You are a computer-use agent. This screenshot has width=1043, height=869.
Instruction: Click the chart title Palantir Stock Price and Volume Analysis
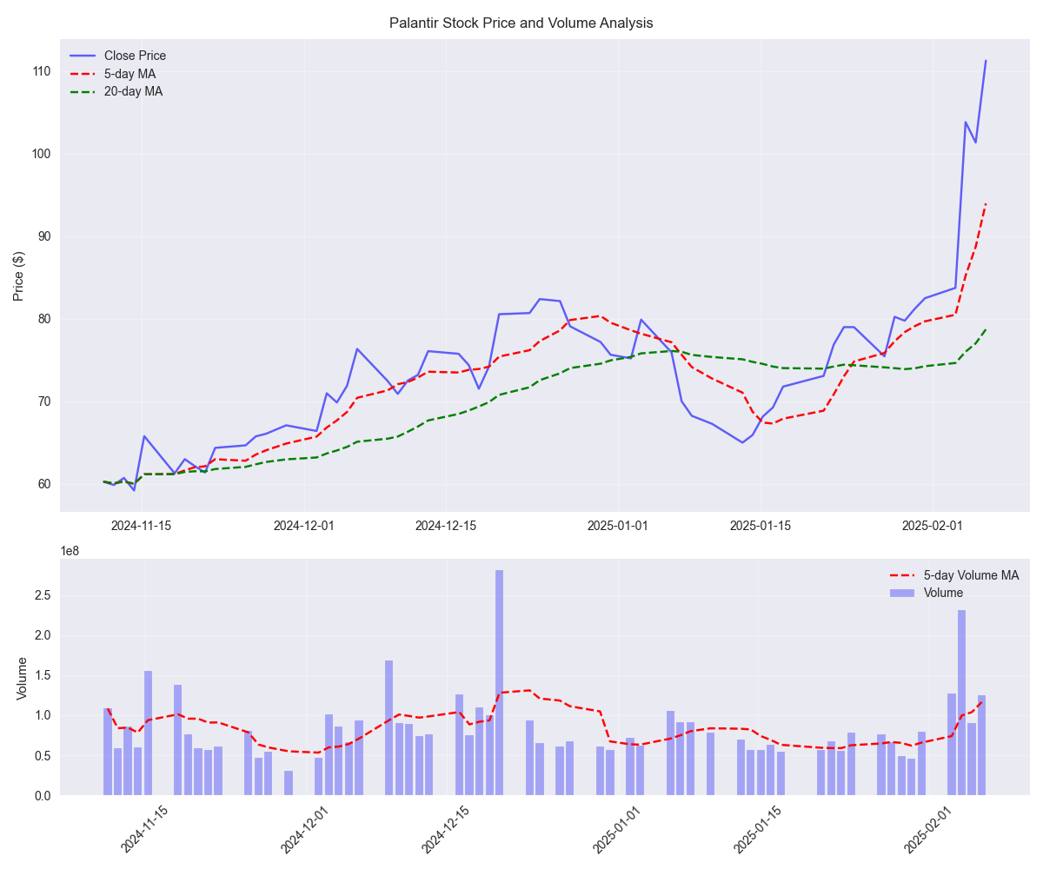521,23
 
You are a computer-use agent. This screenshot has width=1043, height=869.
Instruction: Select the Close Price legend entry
135,56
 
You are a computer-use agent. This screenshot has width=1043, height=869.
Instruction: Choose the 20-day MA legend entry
133,91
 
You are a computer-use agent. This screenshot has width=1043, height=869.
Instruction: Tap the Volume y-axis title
23,678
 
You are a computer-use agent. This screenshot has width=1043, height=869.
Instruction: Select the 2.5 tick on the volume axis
43,595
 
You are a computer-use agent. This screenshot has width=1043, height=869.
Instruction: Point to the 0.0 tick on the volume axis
43,796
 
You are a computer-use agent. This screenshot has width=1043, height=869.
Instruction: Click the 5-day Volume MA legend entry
971,575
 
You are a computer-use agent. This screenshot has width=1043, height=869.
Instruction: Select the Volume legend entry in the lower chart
943,593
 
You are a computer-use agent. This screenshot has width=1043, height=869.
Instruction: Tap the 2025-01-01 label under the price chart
617,526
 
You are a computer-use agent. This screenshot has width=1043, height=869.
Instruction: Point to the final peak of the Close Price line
985,61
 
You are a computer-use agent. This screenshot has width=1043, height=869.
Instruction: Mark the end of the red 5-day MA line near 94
985,204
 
